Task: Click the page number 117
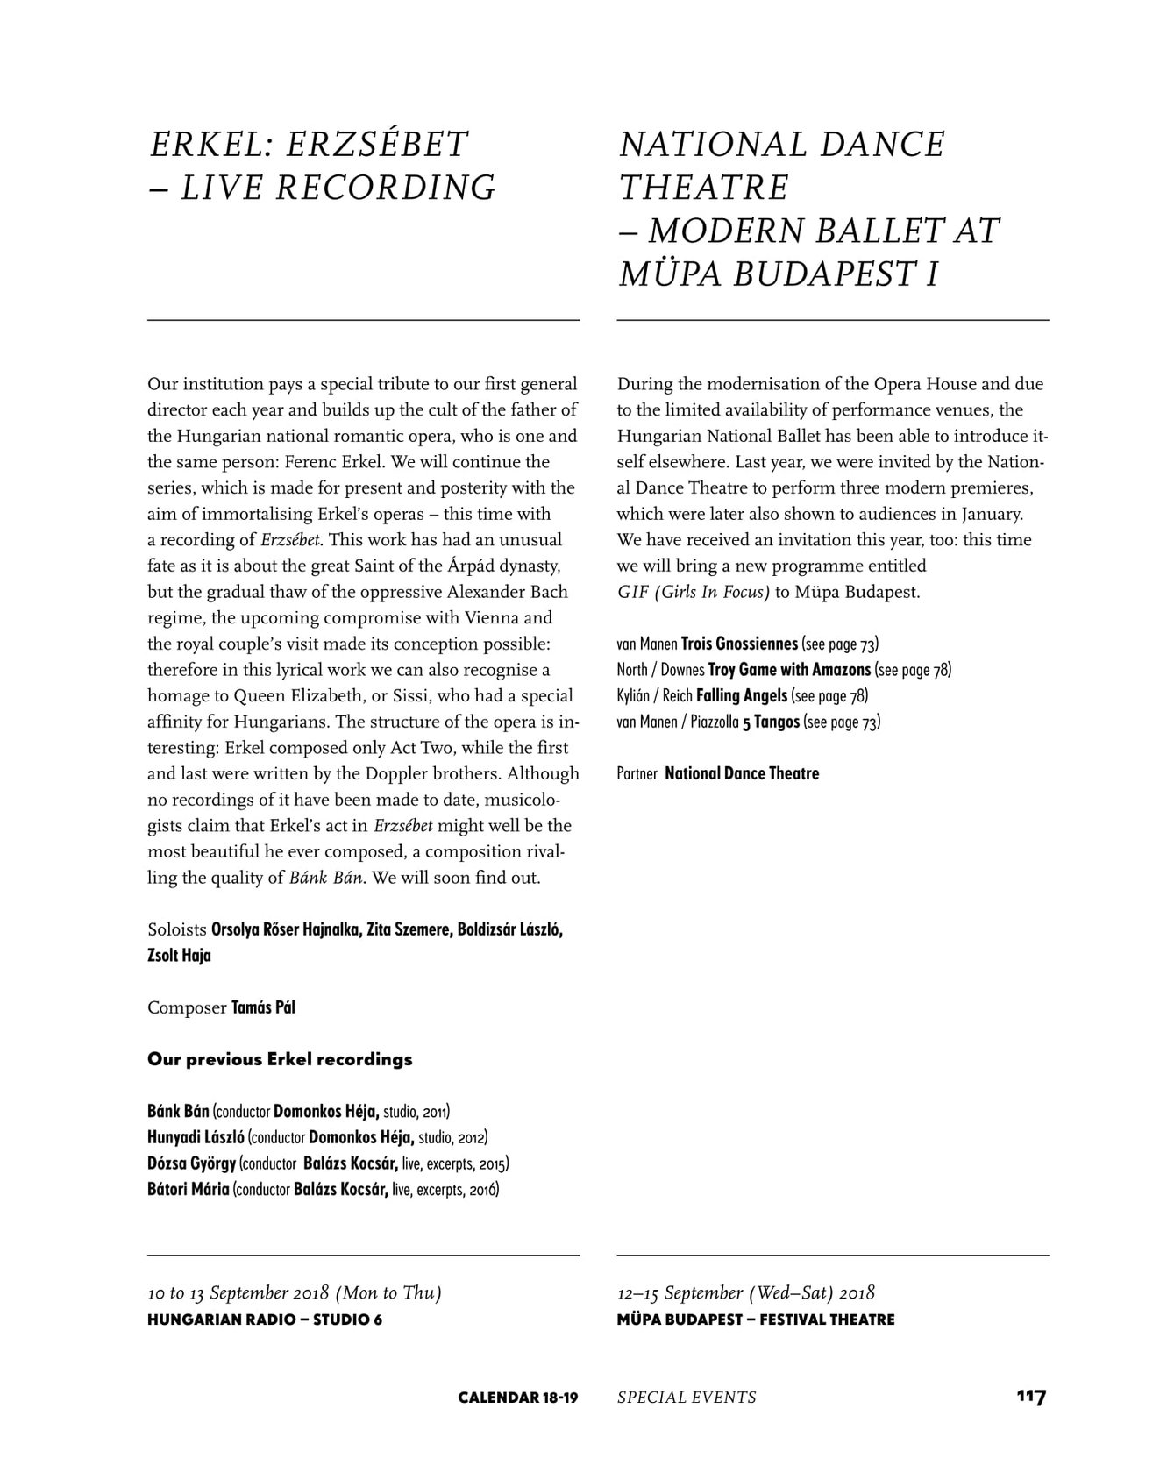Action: pos(1032,1397)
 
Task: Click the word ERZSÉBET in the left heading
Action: pos(377,145)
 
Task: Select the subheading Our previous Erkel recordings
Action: pos(280,1059)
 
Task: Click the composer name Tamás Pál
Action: pos(263,1007)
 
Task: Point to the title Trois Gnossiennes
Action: pos(739,644)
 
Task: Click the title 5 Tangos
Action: pos(771,722)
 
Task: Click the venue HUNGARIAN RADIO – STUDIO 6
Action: pos(265,1320)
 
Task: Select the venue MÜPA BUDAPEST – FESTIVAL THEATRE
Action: pos(756,1320)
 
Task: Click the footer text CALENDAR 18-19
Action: pos(517,1398)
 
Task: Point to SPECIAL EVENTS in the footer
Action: pos(687,1398)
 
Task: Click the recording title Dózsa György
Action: pos(191,1164)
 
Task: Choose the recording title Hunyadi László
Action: pos(196,1138)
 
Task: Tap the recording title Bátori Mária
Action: pos(189,1190)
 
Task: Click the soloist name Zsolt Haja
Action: pos(179,956)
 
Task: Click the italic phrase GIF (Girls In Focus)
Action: pos(694,593)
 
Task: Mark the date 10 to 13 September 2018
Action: pos(238,1293)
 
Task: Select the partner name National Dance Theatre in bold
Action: pos(742,774)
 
